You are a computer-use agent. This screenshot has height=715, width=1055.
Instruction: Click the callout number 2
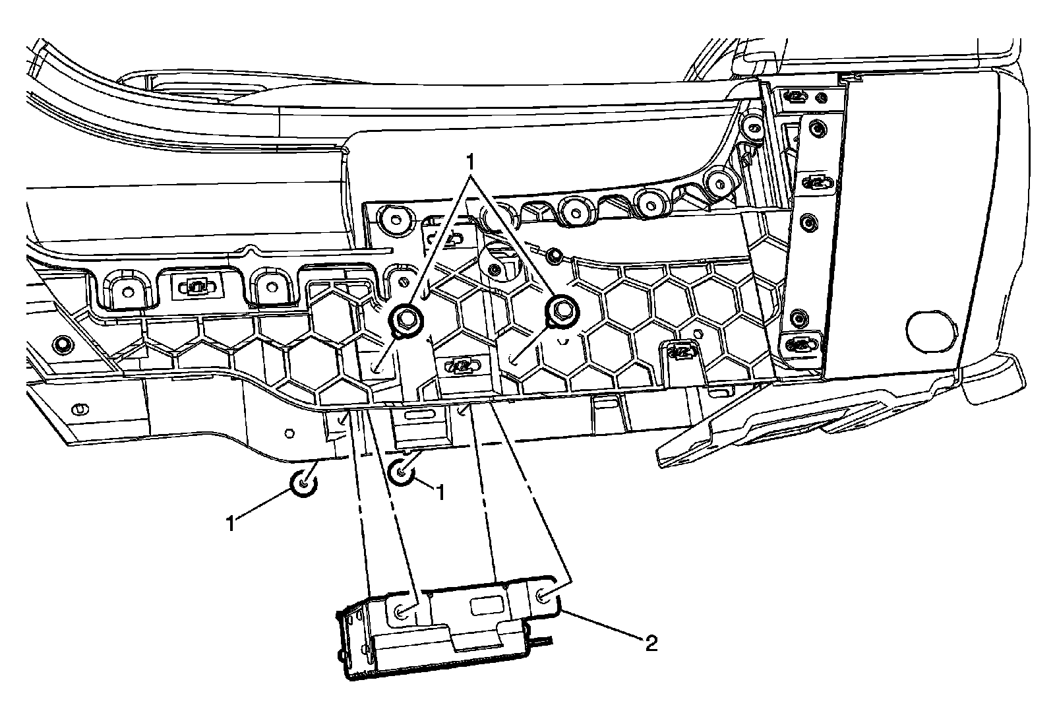coord(651,643)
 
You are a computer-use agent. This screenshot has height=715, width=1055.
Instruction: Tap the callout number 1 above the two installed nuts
coord(470,161)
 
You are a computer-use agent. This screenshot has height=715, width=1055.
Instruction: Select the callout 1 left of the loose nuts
coord(230,524)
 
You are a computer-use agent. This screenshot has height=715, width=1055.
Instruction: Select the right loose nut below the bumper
coord(402,472)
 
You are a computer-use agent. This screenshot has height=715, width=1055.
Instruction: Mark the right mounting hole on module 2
coord(543,597)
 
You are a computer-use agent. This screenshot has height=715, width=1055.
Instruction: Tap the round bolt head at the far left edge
coord(64,344)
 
